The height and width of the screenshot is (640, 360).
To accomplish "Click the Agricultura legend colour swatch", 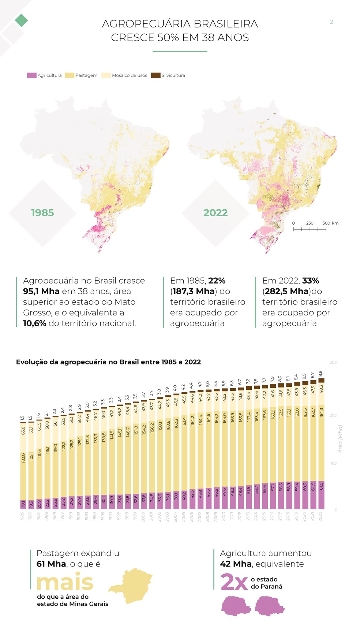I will pyautogui.click(x=31, y=75).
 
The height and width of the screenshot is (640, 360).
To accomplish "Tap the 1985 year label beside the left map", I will pyautogui.click(x=42, y=213).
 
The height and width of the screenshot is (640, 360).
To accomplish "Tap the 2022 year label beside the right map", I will pyautogui.click(x=215, y=213).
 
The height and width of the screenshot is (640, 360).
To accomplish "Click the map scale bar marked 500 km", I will pyautogui.click(x=310, y=229).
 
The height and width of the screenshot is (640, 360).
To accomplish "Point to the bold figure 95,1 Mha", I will pyautogui.click(x=41, y=291).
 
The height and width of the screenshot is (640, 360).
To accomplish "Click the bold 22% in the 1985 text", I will pyautogui.click(x=217, y=281).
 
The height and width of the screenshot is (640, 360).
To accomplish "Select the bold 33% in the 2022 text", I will pyautogui.click(x=310, y=281).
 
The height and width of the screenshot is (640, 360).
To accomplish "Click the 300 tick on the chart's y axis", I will pyautogui.click(x=333, y=362).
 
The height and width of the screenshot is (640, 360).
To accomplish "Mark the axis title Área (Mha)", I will pyautogui.click(x=340, y=439).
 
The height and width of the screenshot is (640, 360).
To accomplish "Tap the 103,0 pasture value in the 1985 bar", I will pyautogui.click(x=23, y=457).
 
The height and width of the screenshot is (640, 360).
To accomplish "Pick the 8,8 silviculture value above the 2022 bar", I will pyautogui.click(x=320, y=374).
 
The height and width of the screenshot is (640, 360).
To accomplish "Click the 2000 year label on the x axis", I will pyautogui.click(x=143, y=517).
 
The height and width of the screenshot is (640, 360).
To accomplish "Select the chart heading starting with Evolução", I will pyautogui.click(x=108, y=362).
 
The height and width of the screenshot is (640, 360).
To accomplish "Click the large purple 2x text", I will pyautogui.click(x=234, y=582).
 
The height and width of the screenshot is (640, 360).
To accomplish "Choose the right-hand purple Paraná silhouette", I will pyautogui.click(x=269, y=606).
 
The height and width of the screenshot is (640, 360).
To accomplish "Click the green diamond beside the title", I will pyautogui.click(x=21, y=20).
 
